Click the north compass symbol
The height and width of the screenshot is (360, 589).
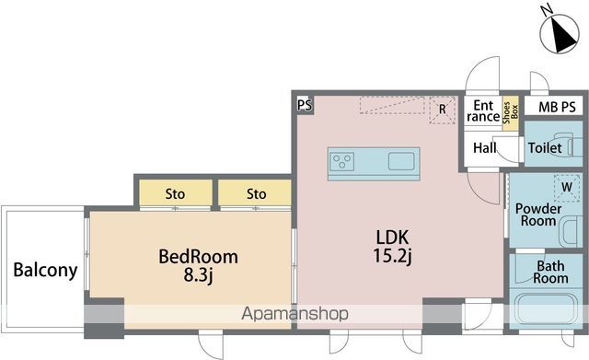click(560, 34)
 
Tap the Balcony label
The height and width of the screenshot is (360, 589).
click(45, 270)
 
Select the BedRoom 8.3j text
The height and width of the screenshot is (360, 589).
click(199, 266)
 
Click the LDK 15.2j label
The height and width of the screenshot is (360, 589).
click(393, 247)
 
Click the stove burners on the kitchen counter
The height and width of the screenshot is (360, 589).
click(341, 162)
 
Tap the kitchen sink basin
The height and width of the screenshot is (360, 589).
click(401, 162)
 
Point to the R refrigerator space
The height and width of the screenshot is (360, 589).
click(443, 110)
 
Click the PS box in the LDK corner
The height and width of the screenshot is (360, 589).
click(305, 104)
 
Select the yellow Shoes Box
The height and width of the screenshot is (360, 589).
click(511, 112)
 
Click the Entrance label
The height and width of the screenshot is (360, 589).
click(483, 110)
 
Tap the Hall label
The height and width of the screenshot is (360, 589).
click(485, 147)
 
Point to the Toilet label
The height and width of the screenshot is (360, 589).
click(545, 147)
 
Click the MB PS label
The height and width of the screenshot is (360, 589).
click(557, 107)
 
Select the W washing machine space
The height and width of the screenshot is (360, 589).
click(567, 186)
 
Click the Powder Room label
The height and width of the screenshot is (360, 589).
click(537, 215)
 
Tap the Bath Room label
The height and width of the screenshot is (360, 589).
click(550, 272)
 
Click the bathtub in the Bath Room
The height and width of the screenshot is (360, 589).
click(545, 308)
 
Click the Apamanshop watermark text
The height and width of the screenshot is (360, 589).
click(294, 313)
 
